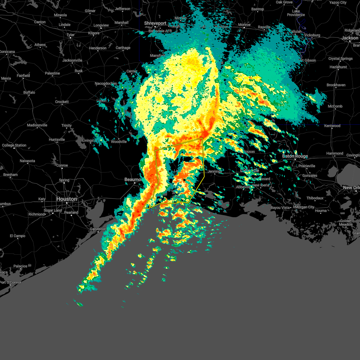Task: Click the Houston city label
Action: pos(67,199)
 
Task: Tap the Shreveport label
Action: pos(155,23)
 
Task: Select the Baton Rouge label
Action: pos(295,156)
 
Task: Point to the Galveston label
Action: pos(98,229)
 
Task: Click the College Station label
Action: pos(14,145)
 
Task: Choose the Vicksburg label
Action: pos(312,35)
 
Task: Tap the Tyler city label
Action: pos(70,35)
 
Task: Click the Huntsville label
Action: pos(57,139)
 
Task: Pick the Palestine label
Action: pos(52,73)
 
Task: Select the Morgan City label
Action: pos(304,207)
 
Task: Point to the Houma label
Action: pos(321,211)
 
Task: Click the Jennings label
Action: pos(215,171)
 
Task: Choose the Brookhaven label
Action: pos(336,85)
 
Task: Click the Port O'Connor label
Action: pos(11,282)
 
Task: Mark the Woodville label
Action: pos(119,142)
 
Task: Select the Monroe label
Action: pos(244,25)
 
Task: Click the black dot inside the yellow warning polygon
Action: pos(184,180)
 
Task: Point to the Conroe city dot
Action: pos(62,168)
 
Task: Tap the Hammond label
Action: pos(334,153)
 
